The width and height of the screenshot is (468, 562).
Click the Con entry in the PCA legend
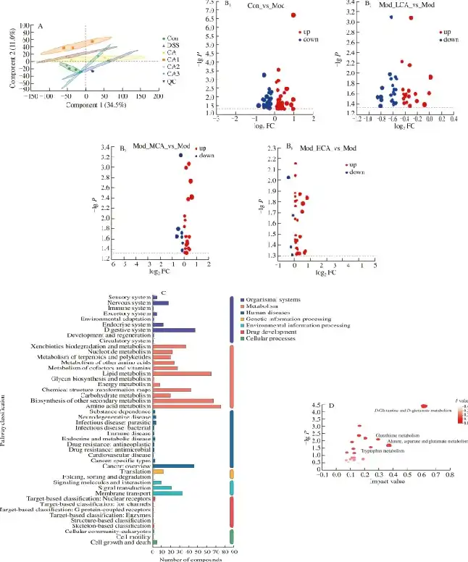click(171, 37)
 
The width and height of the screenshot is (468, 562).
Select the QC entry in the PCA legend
click(171, 82)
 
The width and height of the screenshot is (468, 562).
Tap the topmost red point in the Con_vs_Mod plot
click(294, 15)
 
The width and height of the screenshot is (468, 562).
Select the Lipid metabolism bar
click(182, 374)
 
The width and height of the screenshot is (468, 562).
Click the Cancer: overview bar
click(173, 466)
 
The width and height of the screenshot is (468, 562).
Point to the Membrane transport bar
click(167, 493)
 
